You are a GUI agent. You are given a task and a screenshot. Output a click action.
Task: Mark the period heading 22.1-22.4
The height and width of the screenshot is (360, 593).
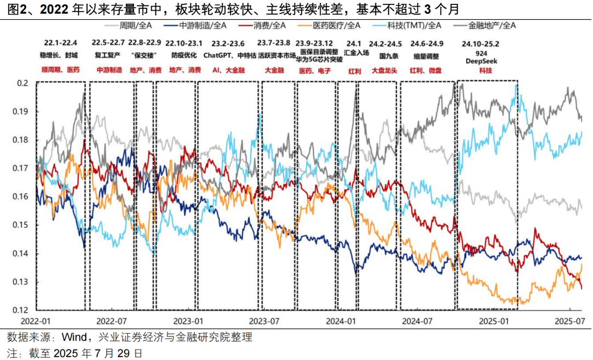pos(60,42)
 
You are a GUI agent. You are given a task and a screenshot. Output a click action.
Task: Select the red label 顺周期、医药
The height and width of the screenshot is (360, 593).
pos(60,70)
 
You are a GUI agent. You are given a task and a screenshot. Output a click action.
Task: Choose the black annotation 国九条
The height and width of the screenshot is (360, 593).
pos(385,55)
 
